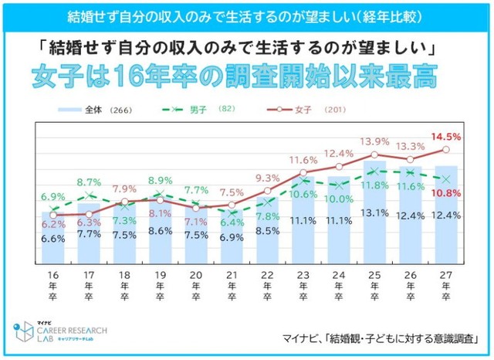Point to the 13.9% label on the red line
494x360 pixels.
(374, 141)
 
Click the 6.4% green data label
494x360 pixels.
(232, 222)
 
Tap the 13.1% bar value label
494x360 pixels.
(374, 213)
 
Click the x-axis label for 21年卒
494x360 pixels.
(232, 287)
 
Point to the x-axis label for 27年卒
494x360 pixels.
(446, 287)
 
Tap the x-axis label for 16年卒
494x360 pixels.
(52, 287)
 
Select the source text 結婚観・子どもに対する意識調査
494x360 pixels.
(399, 338)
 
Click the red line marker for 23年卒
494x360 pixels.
(303, 172)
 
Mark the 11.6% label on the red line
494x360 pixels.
(303, 159)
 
